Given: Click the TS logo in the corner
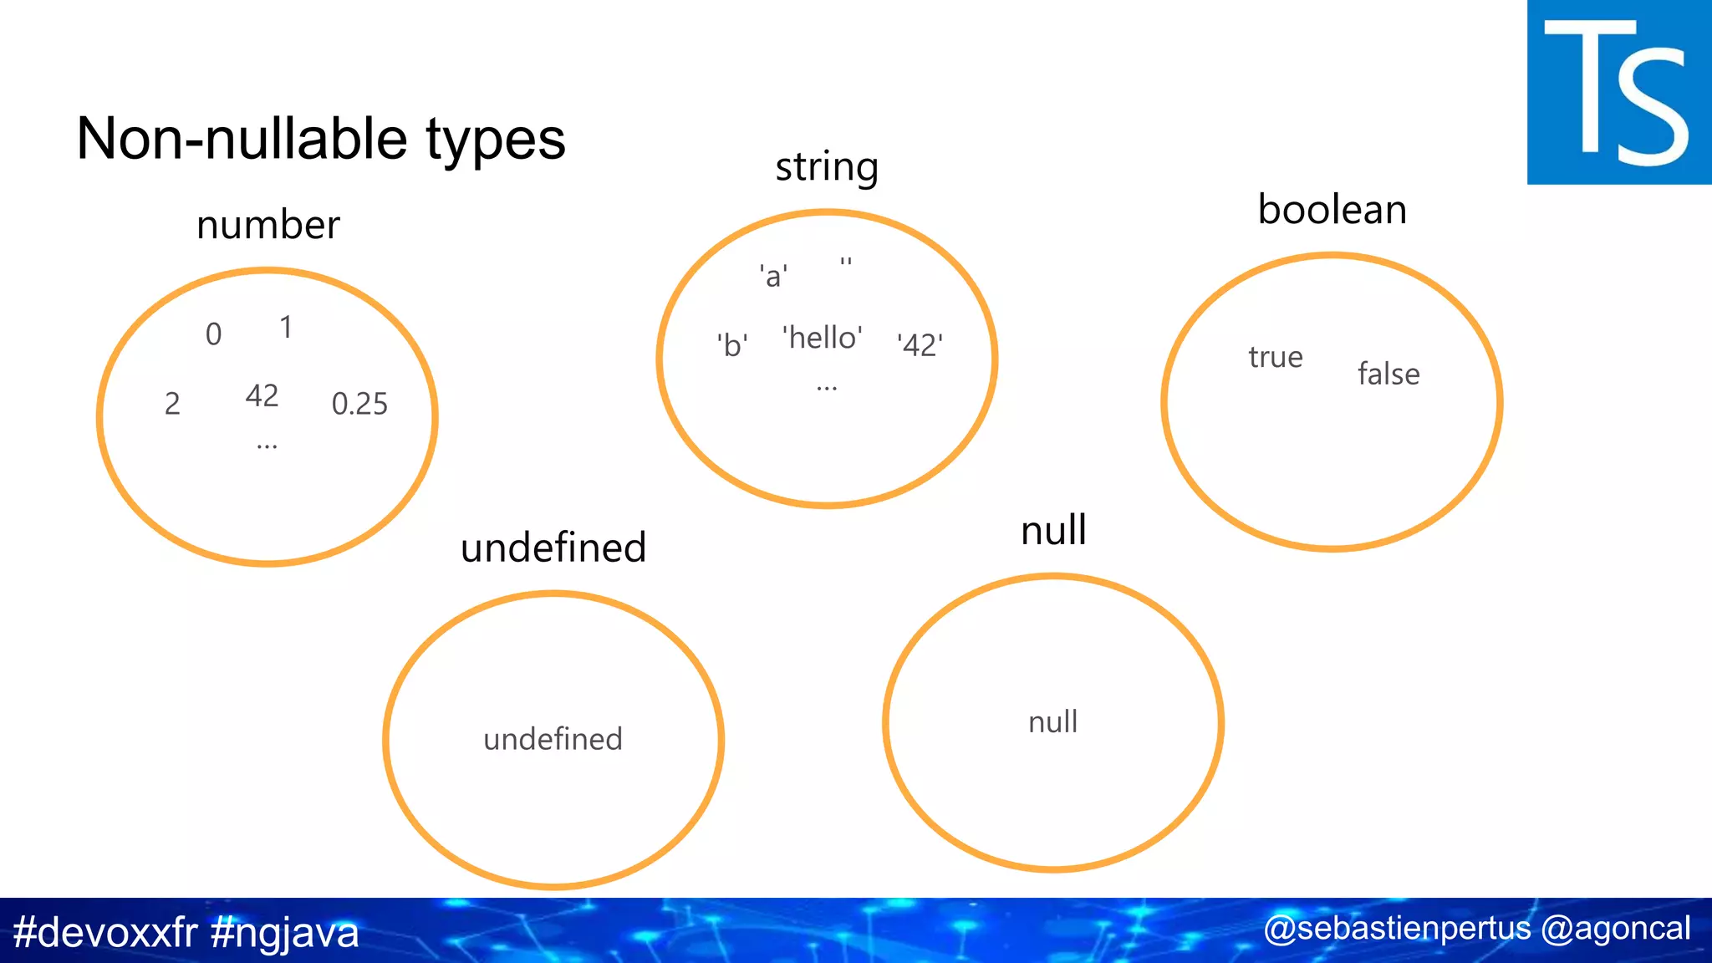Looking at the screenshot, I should tap(1618, 92).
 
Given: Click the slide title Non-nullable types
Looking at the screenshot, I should tap(321, 139).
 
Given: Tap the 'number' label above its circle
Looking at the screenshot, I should tap(268, 225).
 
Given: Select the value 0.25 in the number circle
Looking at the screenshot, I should tap(359, 404).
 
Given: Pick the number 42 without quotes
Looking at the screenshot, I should tap(262, 395).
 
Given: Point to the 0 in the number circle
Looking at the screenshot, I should tap(214, 334).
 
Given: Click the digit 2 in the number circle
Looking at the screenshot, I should tap(172, 404).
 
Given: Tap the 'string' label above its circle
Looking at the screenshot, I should tap(827, 167).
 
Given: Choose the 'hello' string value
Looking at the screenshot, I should tap(823, 338).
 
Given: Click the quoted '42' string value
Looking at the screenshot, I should tap(920, 344).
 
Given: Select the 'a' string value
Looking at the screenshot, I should tap(773, 276).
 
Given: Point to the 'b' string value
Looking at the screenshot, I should tap(732, 344).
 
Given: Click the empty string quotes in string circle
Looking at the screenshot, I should tap(846, 262).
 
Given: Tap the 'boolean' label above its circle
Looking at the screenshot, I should tap(1332, 209).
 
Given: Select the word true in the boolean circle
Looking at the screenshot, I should tap(1276, 358).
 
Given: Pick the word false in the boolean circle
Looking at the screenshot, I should tap(1388, 374).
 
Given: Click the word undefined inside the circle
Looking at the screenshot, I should tap(553, 739).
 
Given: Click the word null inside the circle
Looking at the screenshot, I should tap(1053, 722).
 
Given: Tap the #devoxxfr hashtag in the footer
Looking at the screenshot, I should tap(105, 932).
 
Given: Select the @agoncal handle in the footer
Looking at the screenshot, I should tap(1615, 929).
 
